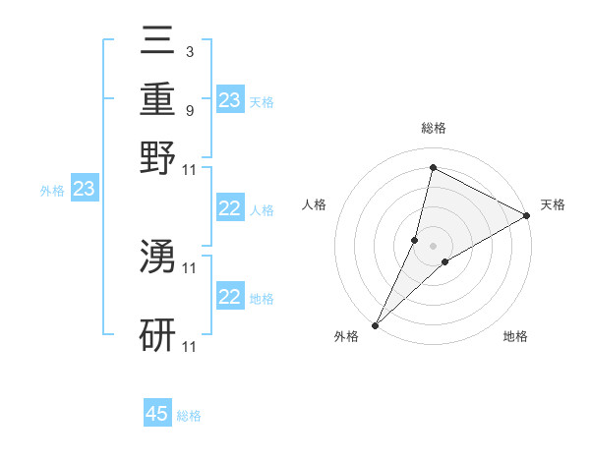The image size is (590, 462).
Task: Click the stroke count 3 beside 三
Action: click(x=189, y=51)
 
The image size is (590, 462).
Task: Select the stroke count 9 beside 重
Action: click(x=189, y=111)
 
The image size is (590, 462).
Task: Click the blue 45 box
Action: click(x=157, y=414)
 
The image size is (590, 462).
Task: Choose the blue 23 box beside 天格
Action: click(x=230, y=99)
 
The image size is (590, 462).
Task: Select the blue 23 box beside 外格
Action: click(x=84, y=190)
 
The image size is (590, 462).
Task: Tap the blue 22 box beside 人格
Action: click(x=230, y=208)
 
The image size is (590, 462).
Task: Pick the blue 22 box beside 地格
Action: click(x=230, y=297)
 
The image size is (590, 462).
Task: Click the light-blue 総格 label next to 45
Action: click(x=189, y=416)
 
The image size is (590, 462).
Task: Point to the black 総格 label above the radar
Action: click(x=433, y=129)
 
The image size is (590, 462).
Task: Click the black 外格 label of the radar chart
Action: click(x=346, y=337)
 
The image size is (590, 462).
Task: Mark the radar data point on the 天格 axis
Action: click(x=527, y=216)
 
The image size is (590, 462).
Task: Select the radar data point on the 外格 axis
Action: click(x=375, y=324)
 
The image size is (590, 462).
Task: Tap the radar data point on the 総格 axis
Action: click(x=433, y=168)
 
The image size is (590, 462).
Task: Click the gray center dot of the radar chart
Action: click(x=433, y=245)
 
